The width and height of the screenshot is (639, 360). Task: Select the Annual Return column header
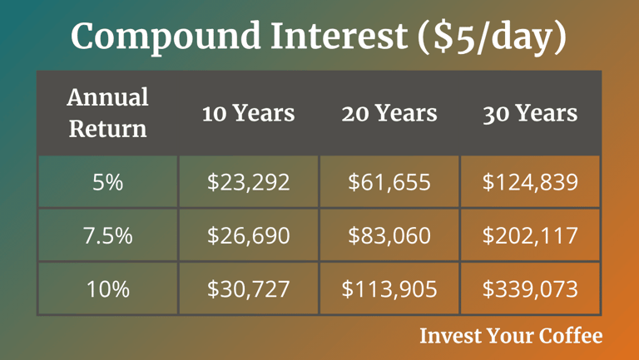[107, 112]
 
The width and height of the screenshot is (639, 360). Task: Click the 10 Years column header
[248, 113]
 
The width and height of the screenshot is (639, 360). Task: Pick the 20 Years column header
[389, 113]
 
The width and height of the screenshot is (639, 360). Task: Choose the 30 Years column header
[530, 113]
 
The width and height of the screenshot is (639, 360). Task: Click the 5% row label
[107, 181]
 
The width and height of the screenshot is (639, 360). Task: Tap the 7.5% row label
[107, 235]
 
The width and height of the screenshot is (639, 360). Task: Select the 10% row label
[107, 288]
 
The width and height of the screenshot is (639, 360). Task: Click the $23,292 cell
[248, 181]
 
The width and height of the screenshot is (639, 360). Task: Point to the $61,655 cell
[389, 181]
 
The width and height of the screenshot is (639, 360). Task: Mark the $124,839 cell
[530, 181]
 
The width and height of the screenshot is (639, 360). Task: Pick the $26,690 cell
[248, 235]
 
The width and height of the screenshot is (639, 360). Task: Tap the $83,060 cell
[389, 235]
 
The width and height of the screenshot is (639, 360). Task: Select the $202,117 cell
[530, 235]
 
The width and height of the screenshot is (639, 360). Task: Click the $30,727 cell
[248, 288]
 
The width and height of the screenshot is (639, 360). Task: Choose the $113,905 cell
[389, 288]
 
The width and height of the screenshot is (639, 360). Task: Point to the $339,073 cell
[530, 288]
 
